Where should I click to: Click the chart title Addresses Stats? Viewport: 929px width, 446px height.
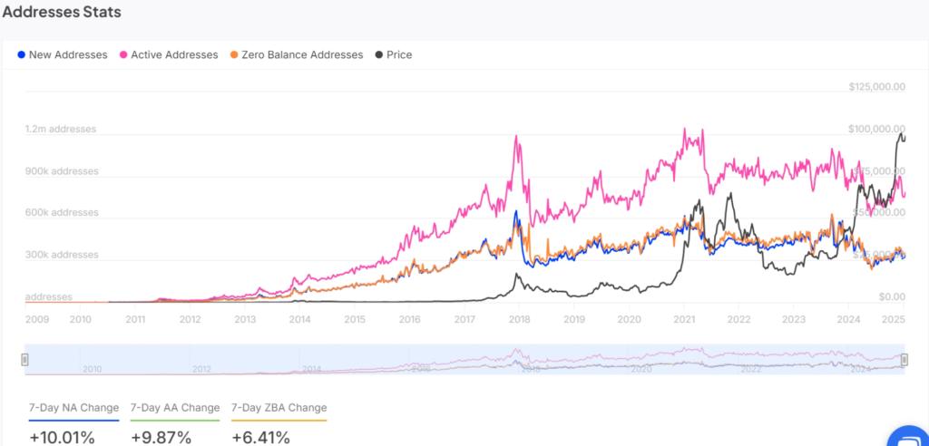[62, 14]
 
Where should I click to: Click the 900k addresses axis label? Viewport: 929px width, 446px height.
[61, 171]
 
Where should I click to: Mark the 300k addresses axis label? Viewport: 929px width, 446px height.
[61, 255]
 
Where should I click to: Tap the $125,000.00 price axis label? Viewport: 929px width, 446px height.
[877, 87]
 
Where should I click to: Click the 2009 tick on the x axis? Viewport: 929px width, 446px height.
[38, 319]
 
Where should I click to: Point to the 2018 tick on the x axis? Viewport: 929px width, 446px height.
[520, 319]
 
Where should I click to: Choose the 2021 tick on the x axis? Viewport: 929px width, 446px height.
[684, 319]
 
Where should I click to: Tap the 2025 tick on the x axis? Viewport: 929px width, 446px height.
[895, 319]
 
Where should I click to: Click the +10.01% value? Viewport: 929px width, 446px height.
[63, 438]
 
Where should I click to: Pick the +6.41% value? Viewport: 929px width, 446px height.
[260, 438]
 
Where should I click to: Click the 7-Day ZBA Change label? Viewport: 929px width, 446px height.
[279, 408]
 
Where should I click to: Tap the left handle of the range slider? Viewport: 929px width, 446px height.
[25, 360]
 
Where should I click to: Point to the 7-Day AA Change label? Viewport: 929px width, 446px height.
[175, 408]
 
